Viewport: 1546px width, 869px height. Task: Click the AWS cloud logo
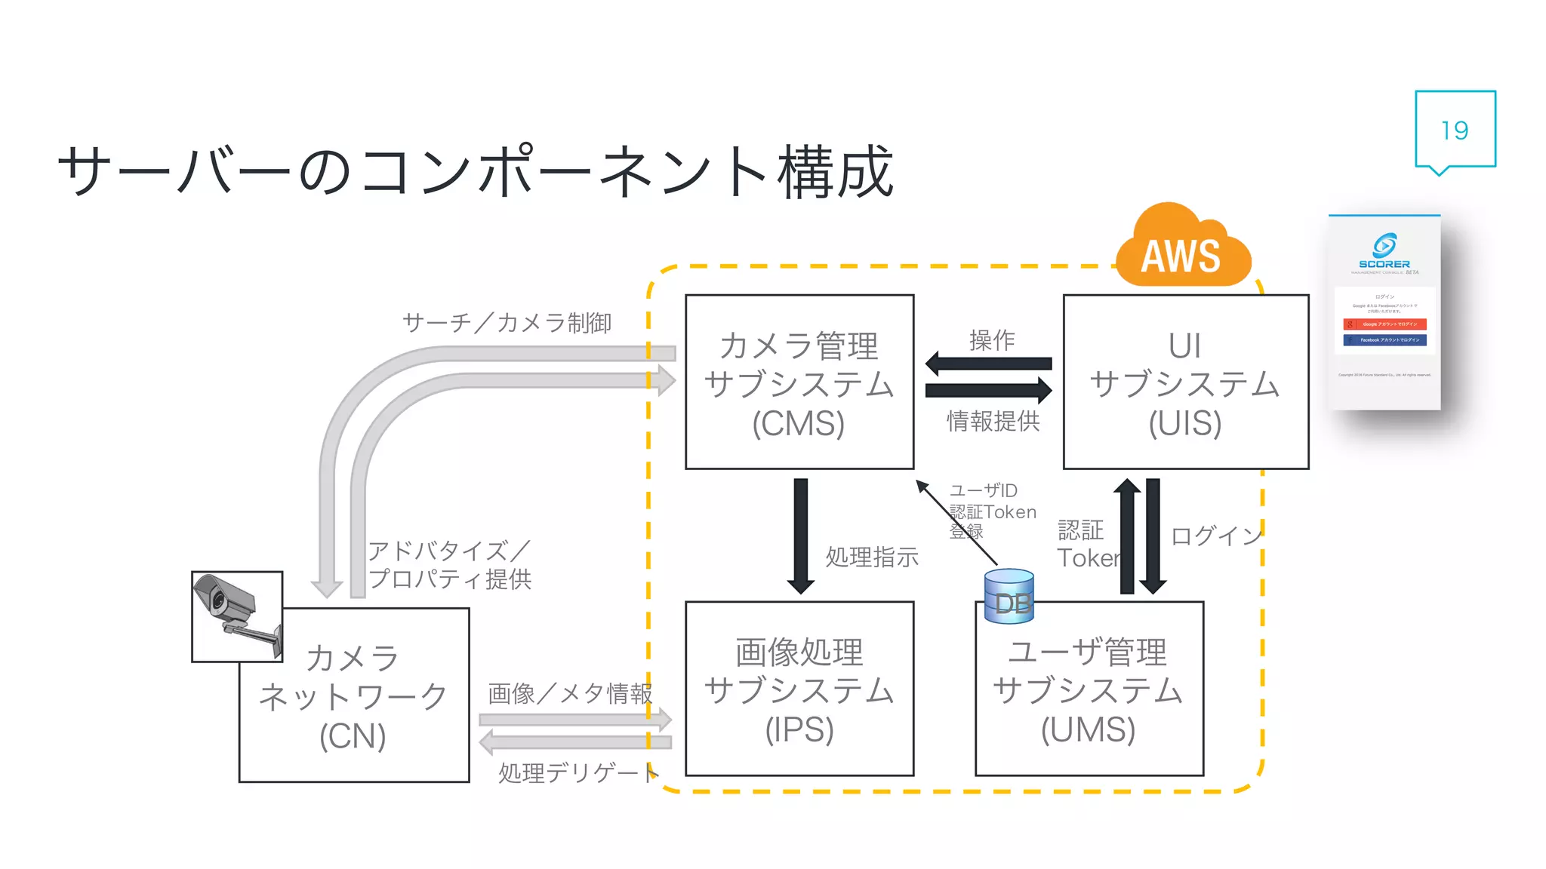pyautogui.click(x=1182, y=249)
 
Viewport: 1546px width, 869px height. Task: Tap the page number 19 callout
pyautogui.click(x=1455, y=130)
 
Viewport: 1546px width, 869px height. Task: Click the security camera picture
pyautogui.click(x=236, y=616)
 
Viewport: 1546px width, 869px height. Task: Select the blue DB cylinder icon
pyautogui.click(x=1009, y=596)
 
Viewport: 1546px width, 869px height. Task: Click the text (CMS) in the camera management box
pyautogui.click(x=798, y=423)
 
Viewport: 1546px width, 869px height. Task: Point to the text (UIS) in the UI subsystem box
pyautogui.click(x=1184, y=423)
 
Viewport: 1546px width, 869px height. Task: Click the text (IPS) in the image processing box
pyautogui.click(x=799, y=729)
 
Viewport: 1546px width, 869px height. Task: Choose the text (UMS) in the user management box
pyautogui.click(x=1088, y=729)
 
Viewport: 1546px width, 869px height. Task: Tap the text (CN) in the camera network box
pyautogui.click(x=353, y=736)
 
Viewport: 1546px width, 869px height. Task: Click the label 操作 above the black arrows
pyautogui.click(x=991, y=340)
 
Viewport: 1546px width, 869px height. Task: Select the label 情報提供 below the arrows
pyautogui.click(x=993, y=421)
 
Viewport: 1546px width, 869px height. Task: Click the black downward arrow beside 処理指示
pyautogui.click(x=800, y=536)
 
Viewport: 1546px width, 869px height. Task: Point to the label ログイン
pyautogui.click(x=1215, y=536)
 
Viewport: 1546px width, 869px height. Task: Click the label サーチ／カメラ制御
pyautogui.click(x=507, y=323)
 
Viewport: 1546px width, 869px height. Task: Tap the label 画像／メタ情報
pyautogui.click(x=570, y=693)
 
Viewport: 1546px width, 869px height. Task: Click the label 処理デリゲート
pyautogui.click(x=578, y=772)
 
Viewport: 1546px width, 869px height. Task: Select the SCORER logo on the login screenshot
pyautogui.click(x=1384, y=250)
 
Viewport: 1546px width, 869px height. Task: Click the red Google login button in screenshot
pyautogui.click(x=1384, y=324)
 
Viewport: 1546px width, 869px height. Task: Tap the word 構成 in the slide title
pyautogui.click(x=836, y=172)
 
